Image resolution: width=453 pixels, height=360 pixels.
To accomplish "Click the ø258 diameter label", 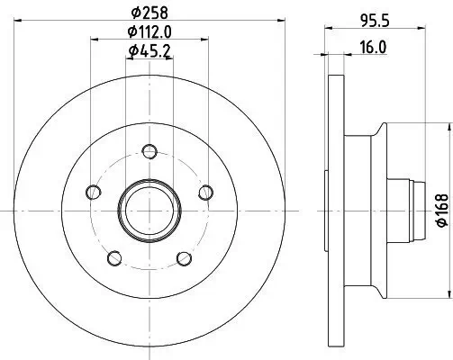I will coord(149,12).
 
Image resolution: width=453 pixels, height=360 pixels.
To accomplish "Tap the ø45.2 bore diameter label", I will coord(149,51).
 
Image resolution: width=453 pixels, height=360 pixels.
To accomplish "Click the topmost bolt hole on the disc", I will coord(149,149).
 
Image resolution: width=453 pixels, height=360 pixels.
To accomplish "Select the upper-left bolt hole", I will coord(92,191).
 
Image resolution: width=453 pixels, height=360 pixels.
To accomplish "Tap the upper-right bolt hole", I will coord(206,191).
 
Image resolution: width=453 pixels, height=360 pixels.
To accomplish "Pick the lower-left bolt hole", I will coord(113,258).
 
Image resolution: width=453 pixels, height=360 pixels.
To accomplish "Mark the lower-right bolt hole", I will coord(185,258).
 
